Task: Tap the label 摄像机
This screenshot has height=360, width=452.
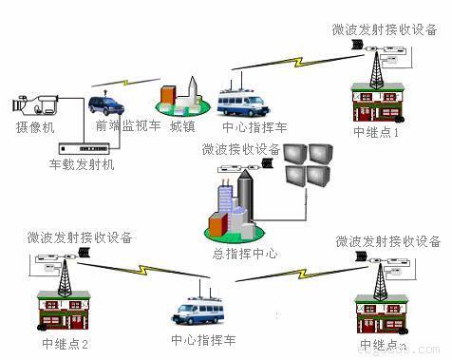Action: (x=35, y=127)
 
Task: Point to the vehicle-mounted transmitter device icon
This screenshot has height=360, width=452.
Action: (x=85, y=148)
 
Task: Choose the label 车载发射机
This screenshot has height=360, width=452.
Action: (x=82, y=166)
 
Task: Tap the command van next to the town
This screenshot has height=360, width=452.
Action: (x=237, y=101)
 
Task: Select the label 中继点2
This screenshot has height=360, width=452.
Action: (x=65, y=343)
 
